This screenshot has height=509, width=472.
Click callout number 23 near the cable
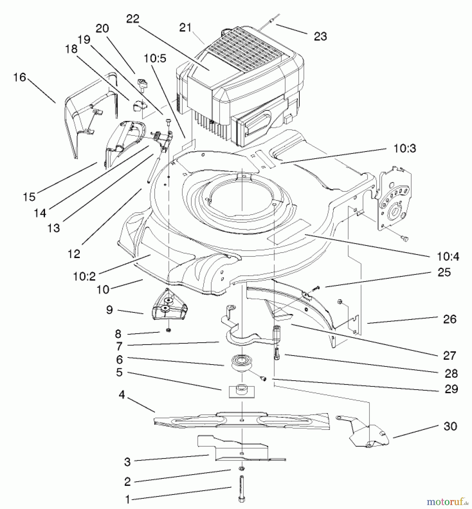320,36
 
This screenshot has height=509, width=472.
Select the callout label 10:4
448,257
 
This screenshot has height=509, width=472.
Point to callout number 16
20,77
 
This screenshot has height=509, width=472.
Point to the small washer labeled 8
169,330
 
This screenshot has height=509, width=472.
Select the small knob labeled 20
142,84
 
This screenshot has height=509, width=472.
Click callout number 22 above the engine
133,19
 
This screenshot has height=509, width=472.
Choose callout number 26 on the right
450,319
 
